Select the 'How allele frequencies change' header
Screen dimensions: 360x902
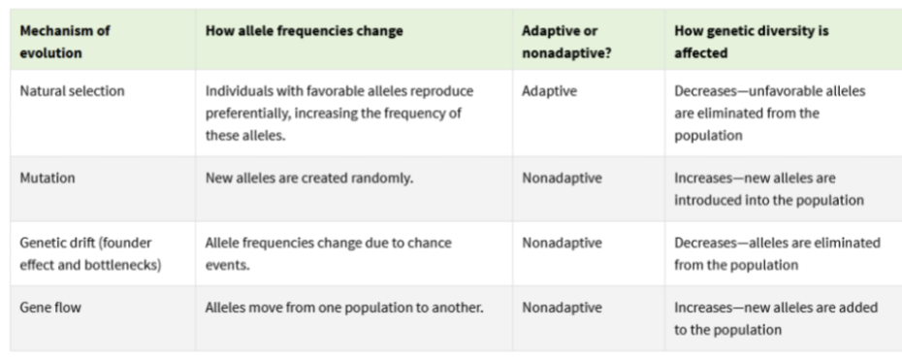(x=304, y=31)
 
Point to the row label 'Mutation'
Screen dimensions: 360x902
(x=47, y=179)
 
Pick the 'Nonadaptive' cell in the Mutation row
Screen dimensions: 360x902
(x=561, y=179)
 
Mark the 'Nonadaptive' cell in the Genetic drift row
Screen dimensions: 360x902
(x=561, y=242)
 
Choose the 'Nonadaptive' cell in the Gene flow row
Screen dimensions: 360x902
(x=561, y=308)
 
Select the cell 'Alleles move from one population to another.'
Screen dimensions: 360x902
(x=344, y=308)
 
